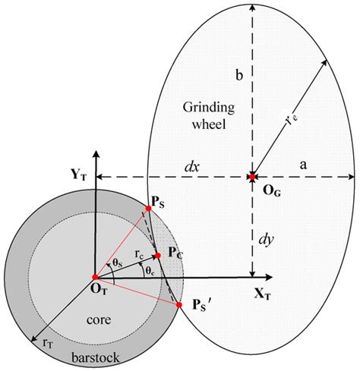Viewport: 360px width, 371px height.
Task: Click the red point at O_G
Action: (251, 178)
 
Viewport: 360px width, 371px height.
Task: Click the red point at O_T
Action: (94, 277)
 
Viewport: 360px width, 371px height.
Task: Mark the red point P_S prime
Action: (179, 305)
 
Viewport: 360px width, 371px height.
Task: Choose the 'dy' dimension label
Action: (266, 240)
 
